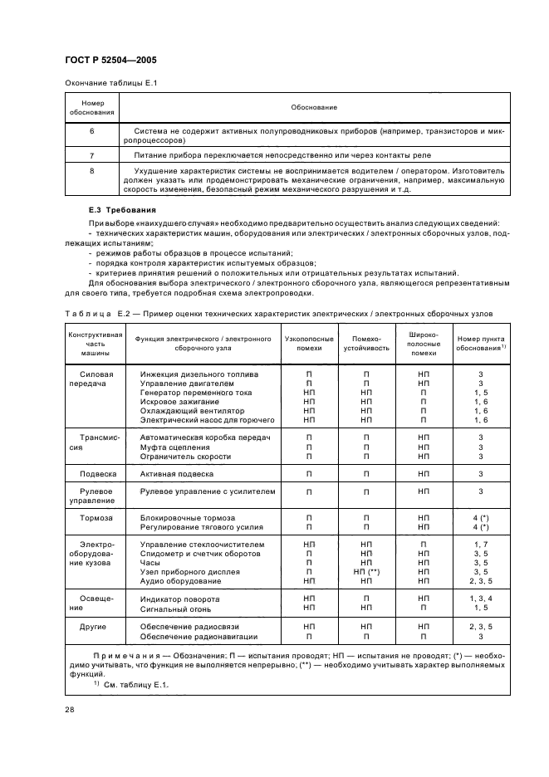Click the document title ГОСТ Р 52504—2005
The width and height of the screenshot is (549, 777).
click(110, 61)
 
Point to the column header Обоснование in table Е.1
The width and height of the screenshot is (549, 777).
click(314, 108)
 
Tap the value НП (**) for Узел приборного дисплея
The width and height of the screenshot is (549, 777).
click(366, 572)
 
